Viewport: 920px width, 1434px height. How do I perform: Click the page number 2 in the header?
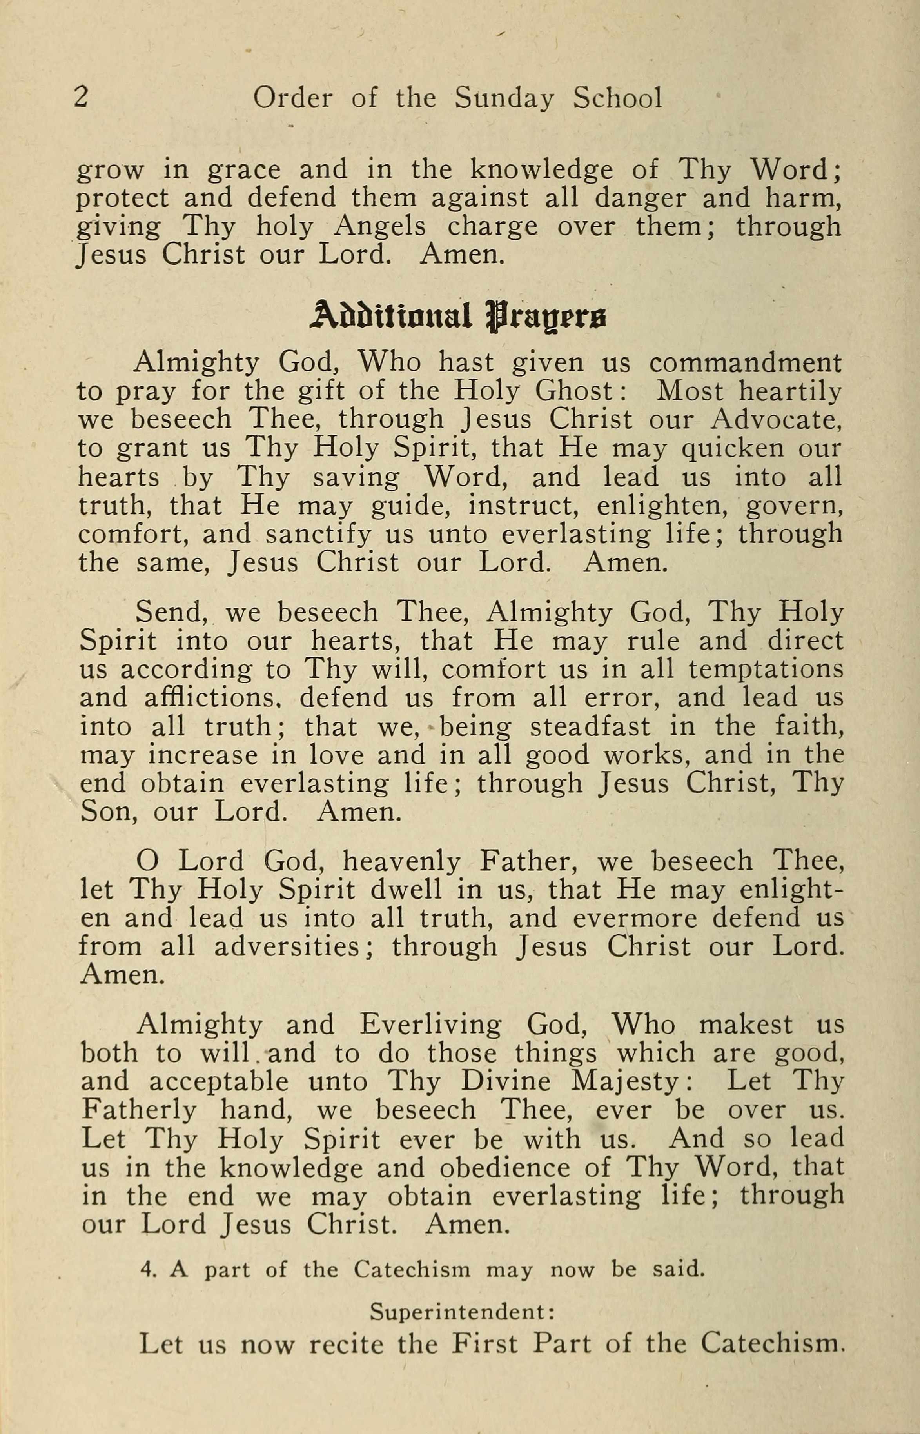(81, 97)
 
